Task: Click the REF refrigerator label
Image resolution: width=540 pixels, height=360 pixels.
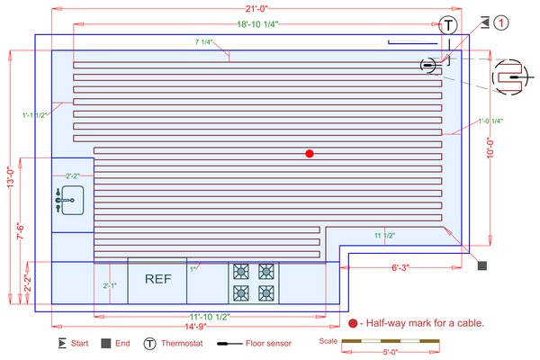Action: pyautogui.click(x=157, y=279)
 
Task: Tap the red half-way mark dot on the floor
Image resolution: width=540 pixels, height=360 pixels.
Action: pyautogui.click(x=310, y=154)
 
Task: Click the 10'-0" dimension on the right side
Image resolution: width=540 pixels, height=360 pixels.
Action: pyautogui.click(x=490, y=148)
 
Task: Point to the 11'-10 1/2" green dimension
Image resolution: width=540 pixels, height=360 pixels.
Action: pyautogui.click(x=211, y=316)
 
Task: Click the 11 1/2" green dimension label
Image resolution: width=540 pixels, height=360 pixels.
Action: pyautogui.click(x=384, y=235)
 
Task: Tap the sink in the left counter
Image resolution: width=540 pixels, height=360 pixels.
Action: pyautogui.click(x=68, y=199)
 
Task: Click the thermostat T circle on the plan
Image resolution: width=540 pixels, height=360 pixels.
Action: pyautogui.click(x=449, y=24)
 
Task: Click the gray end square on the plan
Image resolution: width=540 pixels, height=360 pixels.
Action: pyautogui.click(x=481, y=265)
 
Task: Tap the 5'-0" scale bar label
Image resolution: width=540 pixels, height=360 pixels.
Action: pyautogui.click(x=390, y=352)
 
